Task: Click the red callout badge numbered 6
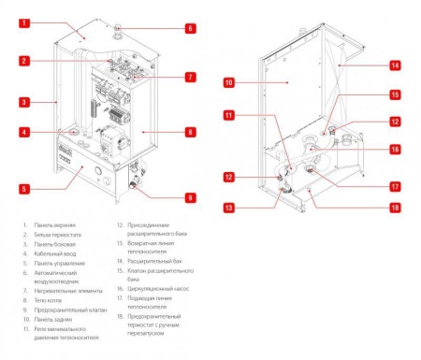190,29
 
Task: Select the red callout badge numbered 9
190,197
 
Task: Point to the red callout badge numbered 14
395,65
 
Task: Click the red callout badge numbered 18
395,208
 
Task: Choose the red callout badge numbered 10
228,82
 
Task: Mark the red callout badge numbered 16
395,149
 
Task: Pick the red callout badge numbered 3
25,101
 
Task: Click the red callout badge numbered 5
25,189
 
